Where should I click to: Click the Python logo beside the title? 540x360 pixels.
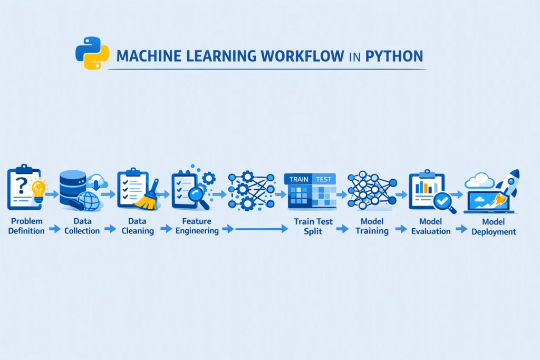tap(92, 53)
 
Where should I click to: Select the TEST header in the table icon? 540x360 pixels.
tap(323, 179)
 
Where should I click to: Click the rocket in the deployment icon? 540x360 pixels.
tap(507, 184)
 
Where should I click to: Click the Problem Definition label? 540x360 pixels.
tap(26, 226)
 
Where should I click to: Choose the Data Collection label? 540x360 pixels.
tap(83, 226)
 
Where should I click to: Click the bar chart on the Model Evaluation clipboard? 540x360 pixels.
tap(423, 187)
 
